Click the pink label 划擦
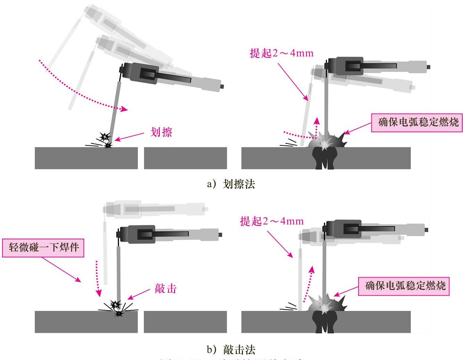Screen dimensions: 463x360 click(x=161, y=132)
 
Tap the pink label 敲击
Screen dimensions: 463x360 click(x=166, y=288)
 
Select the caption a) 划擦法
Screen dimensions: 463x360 click(x=231, y=184)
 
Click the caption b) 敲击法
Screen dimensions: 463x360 click(x=231, y=349)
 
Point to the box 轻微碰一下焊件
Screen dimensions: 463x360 click(x=43, y=248)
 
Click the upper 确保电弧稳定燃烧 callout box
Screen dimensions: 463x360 click(x=417, y=122)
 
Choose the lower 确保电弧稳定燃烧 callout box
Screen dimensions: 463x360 click(x=404, y=286)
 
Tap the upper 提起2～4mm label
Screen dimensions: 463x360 click(x=281, y=53)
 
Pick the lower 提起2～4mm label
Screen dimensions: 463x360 click(x=272, y=221)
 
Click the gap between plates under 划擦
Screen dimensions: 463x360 click(x=141, y=158)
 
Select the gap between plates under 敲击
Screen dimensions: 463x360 click(x=141, y=322)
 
